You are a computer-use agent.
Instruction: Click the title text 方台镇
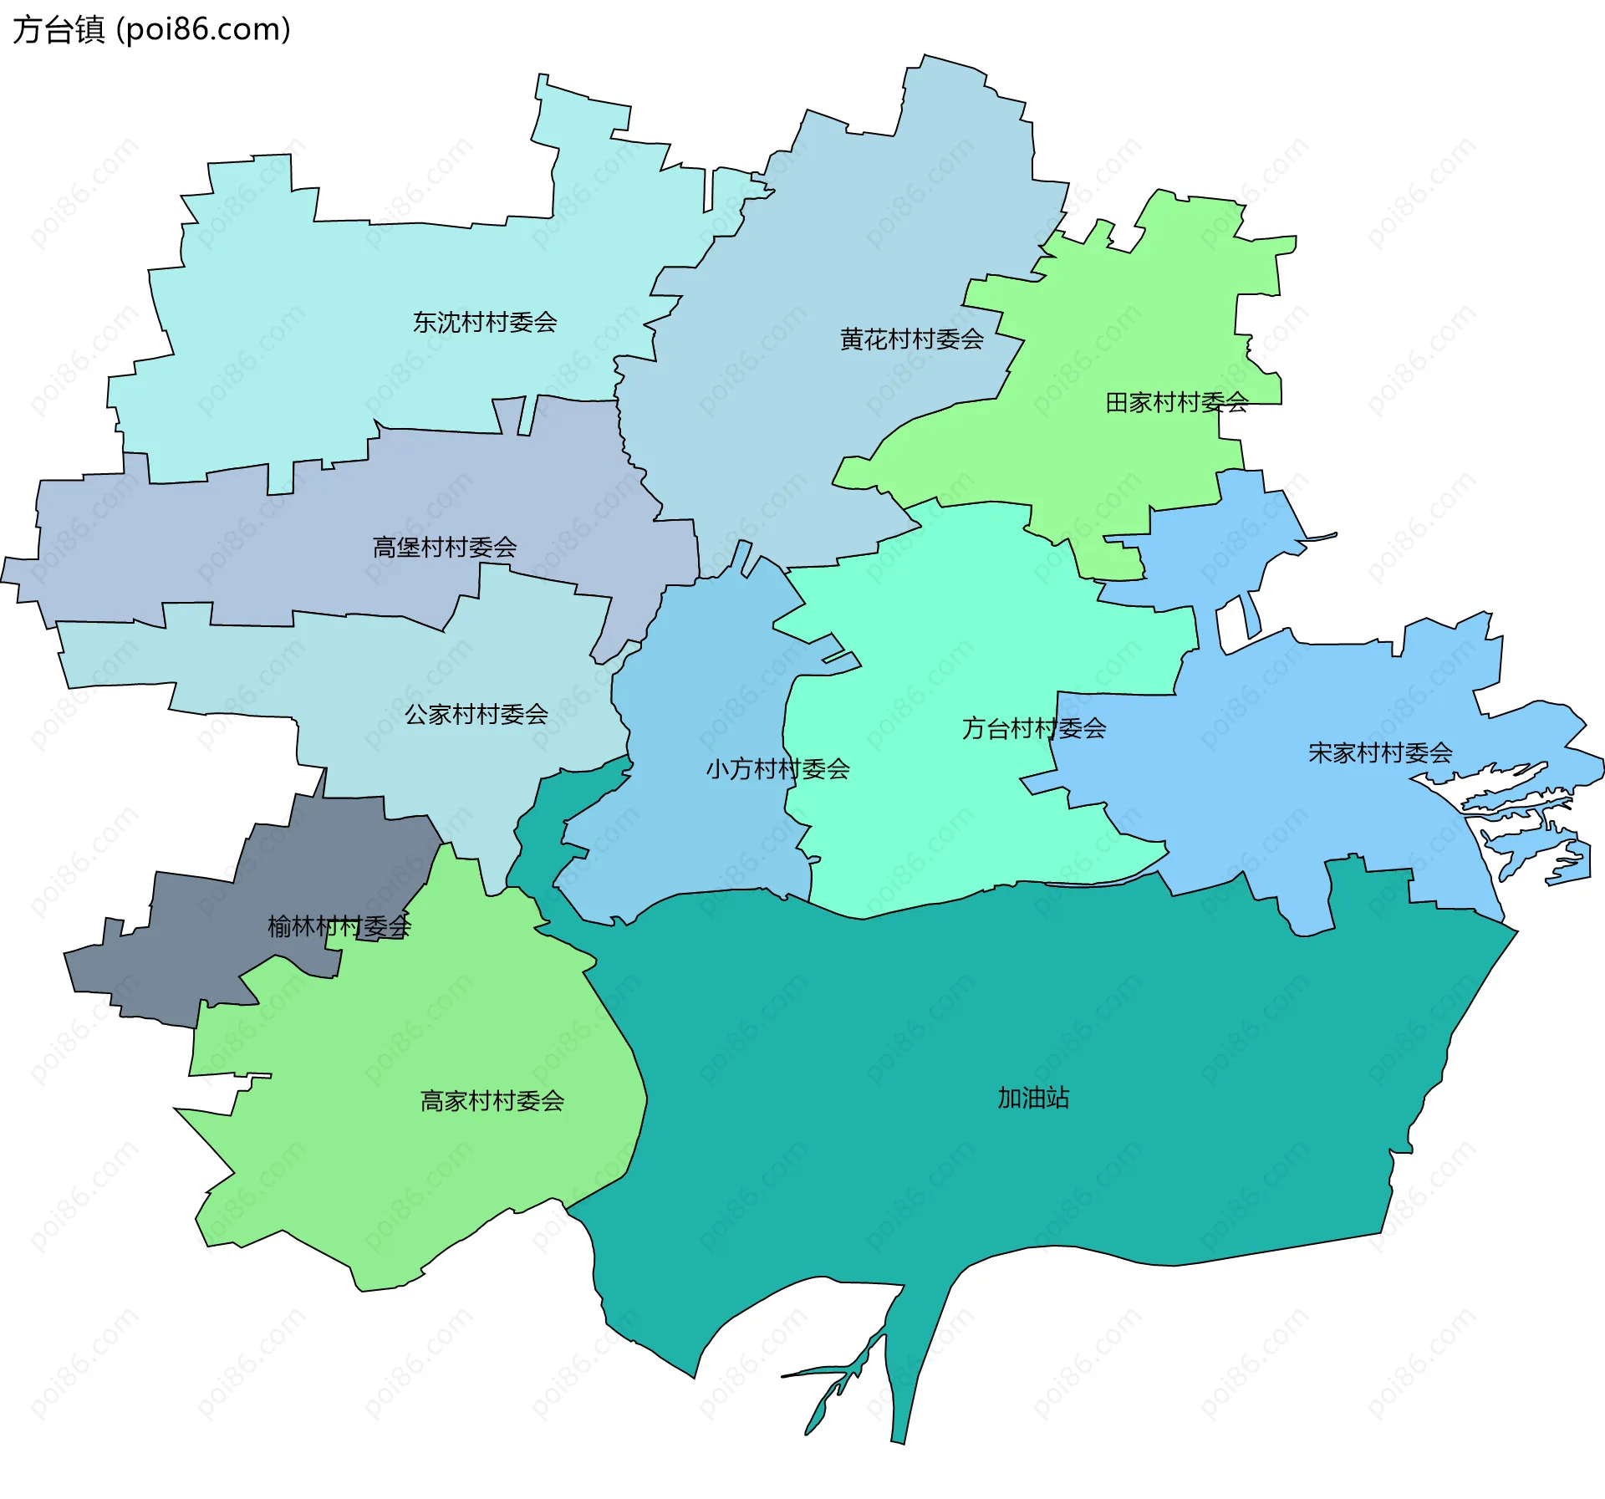coord(59,29)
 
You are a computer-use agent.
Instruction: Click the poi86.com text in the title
coord(203,29)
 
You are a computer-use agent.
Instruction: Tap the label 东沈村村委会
coord(485,322)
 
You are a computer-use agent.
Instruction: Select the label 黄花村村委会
coord(911,339)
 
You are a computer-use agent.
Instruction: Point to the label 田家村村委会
coord(1176,402)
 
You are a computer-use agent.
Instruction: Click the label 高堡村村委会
coord(444,548)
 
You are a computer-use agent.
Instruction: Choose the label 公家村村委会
coord(476,714)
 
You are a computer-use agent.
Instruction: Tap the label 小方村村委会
coord(777,768)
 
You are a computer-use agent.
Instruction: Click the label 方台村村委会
coord(1033,728)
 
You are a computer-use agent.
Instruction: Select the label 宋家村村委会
coord(1379,752)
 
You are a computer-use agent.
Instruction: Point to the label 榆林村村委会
coord(339,925)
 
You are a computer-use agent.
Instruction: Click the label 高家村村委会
coord(492,1100)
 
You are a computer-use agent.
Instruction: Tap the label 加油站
coord(1033,1097)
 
